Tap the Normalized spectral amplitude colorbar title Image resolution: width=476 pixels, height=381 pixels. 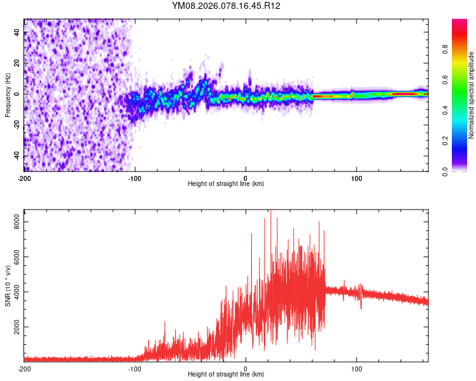471,95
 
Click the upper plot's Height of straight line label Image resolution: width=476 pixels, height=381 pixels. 226,184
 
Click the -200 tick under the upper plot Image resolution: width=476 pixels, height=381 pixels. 24,178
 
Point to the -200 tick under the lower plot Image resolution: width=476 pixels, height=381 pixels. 24,368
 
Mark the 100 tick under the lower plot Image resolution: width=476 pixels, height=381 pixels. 357,368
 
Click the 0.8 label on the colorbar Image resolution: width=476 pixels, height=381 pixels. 445,50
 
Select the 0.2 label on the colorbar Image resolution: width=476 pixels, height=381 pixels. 445,141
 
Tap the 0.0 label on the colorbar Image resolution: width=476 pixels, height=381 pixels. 445,171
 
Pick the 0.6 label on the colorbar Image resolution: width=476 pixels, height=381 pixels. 445,80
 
